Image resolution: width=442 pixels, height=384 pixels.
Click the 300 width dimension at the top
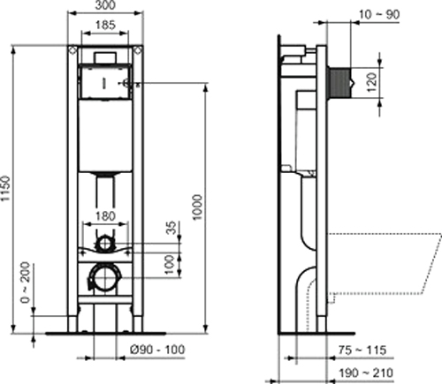click(105, 6)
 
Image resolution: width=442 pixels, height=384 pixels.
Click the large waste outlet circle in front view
click(105, 282)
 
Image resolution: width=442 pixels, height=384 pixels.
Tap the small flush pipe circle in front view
click(105, 242)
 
